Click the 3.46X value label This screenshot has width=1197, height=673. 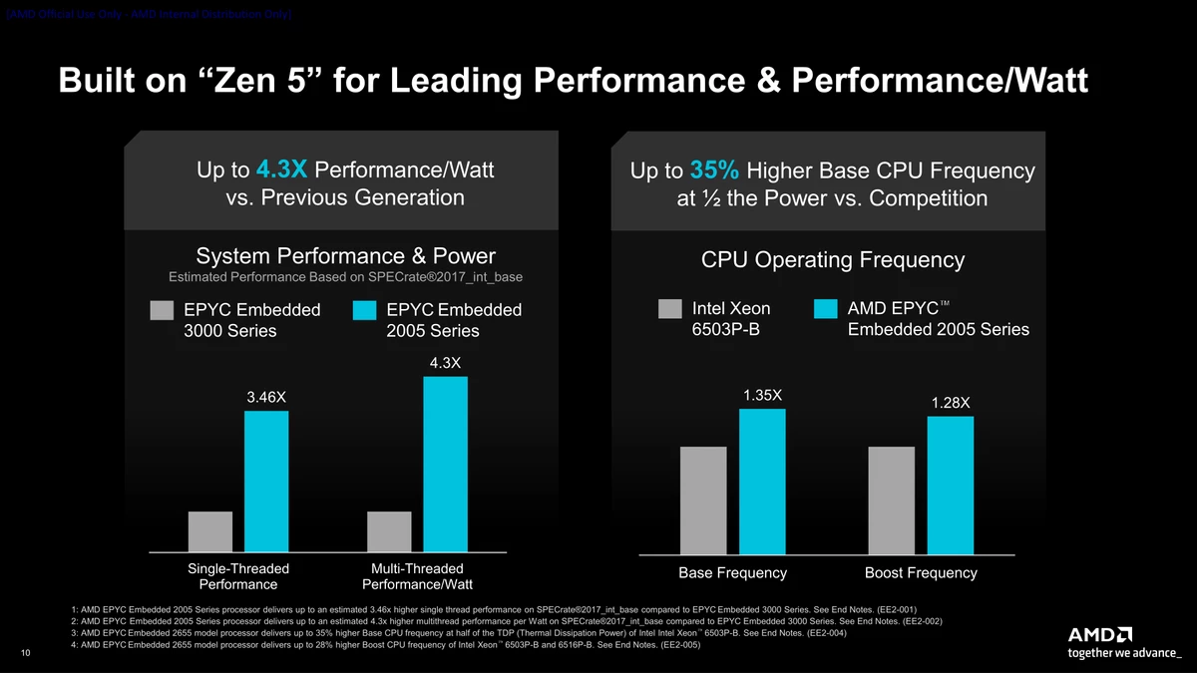266,398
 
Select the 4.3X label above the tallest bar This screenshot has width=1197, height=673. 445,362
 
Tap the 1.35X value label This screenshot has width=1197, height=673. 762,396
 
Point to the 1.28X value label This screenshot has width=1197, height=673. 951,403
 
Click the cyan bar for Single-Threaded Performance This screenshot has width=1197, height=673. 266,481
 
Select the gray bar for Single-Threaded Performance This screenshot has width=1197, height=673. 209,530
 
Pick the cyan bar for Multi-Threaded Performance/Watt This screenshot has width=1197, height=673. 445,464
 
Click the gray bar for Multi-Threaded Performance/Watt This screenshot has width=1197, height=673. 389,530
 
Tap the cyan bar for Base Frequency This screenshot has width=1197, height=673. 762,482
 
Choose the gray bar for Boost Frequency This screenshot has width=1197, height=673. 892,501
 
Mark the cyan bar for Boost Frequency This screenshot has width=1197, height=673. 951,486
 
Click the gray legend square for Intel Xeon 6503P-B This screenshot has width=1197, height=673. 669,309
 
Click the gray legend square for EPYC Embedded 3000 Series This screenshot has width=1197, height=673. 162,310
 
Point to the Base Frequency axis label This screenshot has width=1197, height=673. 732,573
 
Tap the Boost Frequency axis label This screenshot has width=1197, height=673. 921,573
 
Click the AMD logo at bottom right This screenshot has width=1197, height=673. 1100,635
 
